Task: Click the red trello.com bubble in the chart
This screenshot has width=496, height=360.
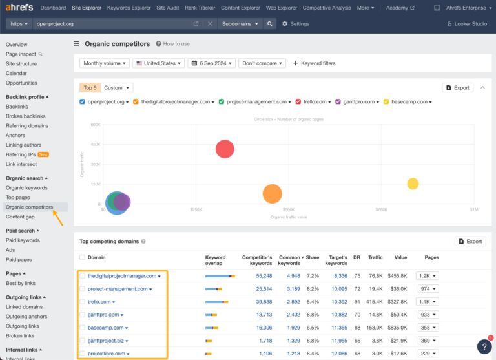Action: click(225, 149)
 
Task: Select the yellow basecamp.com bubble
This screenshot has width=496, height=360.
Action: click(413, 184)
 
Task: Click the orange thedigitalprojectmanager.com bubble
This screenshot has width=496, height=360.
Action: click(273, 193)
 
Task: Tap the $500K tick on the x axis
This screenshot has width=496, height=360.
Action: click(288, 209)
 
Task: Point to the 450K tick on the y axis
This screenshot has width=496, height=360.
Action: click(96, 144)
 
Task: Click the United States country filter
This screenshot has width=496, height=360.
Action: click(158, 63)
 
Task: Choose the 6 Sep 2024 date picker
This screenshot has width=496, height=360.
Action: click(211, 63)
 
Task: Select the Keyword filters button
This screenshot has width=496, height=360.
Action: click(315, 63)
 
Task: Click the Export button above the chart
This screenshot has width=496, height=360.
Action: click(457, 87)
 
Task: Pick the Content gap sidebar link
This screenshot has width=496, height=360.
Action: click(20, 217)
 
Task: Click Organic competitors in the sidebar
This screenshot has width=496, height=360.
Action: click(29, 207)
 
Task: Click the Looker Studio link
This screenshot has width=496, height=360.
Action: click(468, 24)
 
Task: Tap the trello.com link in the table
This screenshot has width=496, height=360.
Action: click(99, 302)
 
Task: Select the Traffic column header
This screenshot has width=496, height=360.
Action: click(375, 257)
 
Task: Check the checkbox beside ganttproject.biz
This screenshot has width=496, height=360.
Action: click(82, 341)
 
